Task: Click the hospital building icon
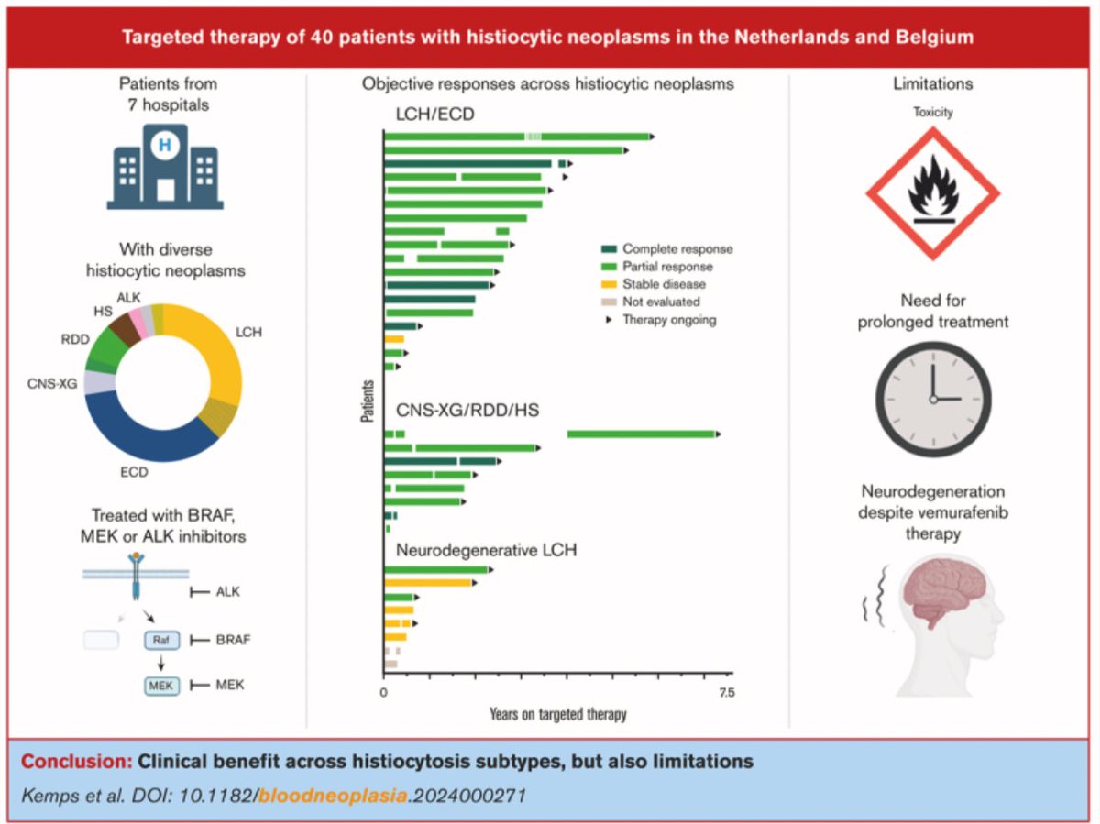[165, 168]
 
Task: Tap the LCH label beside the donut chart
[247, 332]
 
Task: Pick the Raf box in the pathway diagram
[159, 641]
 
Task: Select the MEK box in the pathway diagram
[159, 686]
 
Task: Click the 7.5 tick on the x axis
[724, 694]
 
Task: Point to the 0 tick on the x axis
[383, 694]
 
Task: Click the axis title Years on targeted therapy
[557, 714]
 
